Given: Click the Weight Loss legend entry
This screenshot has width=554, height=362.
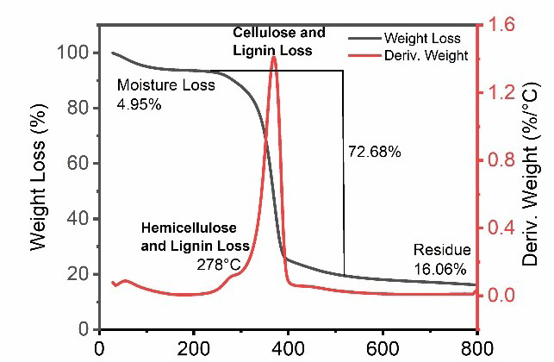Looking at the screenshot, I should pos(421,39).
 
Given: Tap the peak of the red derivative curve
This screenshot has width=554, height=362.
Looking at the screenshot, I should pos(274,57).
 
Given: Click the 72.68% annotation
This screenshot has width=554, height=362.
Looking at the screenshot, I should pos(374,153).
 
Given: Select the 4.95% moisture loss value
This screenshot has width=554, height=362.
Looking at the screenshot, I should pos(139,105).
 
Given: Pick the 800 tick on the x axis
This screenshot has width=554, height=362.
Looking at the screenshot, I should pos(475,347).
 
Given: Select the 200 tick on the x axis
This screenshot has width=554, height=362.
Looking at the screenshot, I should pos(194,347).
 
